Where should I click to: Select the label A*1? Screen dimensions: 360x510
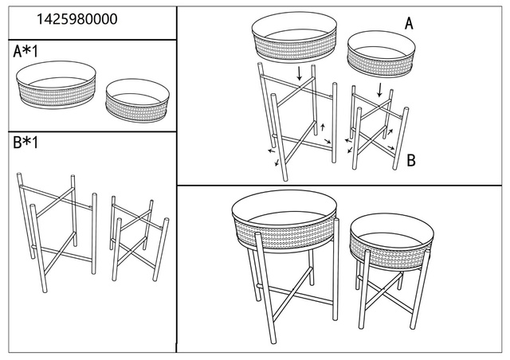click(x=29, y=53)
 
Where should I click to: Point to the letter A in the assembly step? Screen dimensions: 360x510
click(x=409, y=24)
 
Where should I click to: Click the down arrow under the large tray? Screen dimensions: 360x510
click(x=299, y=74)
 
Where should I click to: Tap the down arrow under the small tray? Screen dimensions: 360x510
click(x=380, y=87)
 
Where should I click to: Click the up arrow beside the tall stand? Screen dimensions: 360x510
click(x=323, y=127)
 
